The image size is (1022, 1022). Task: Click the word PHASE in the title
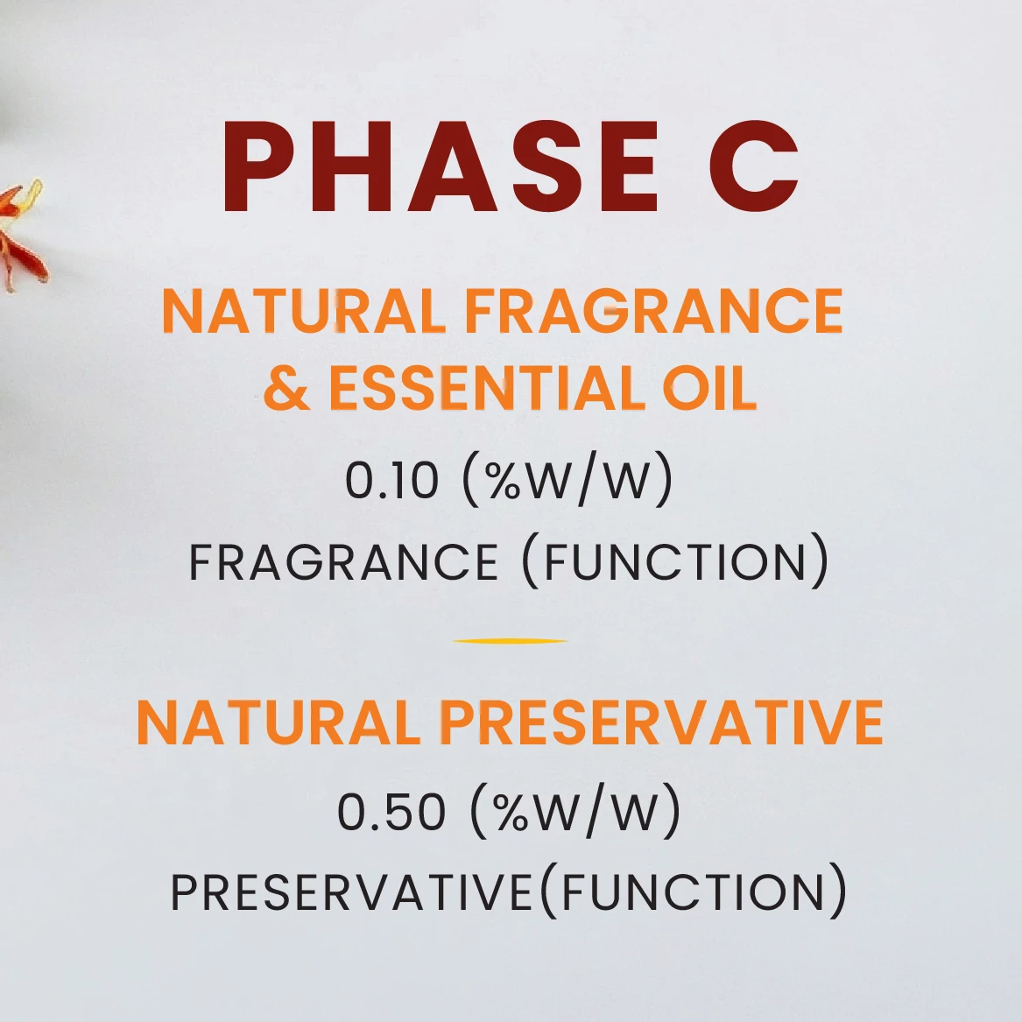(x=440, y=167)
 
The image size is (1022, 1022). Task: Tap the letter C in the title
(x=754, y=167)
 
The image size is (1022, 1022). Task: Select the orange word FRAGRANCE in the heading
(x=653, y=311)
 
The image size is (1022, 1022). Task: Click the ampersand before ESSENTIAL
(x=286, y=388)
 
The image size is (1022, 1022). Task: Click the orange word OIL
(x=709, y=388)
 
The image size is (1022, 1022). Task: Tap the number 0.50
(x=391, y=812)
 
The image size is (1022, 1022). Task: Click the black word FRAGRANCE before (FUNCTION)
(x=343, y=562)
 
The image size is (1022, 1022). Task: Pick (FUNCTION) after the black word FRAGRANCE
(x=676, y=561)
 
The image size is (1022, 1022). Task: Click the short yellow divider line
(x=511, y=641)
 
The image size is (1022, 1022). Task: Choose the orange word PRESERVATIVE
(x=662, y=722)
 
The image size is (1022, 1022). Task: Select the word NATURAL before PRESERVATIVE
(x=279, y=722)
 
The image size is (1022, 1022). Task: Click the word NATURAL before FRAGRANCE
(x=304, y=311)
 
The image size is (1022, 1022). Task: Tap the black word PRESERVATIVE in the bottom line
(x=352, y=892)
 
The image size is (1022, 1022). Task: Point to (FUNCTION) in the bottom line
(x=694, y=892)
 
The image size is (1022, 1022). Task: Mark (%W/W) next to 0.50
(x=574, y=811)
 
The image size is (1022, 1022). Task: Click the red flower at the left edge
(x=19, y=235)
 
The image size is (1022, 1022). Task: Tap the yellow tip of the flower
(x=34, y=189)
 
